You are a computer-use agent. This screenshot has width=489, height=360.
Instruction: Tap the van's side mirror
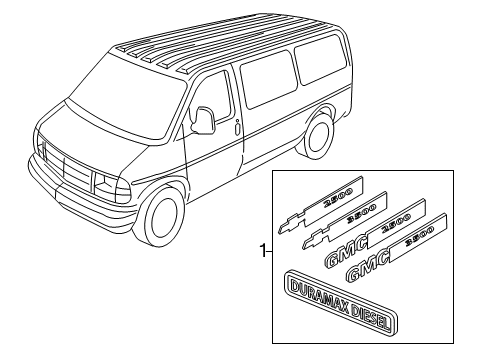(205, 120)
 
